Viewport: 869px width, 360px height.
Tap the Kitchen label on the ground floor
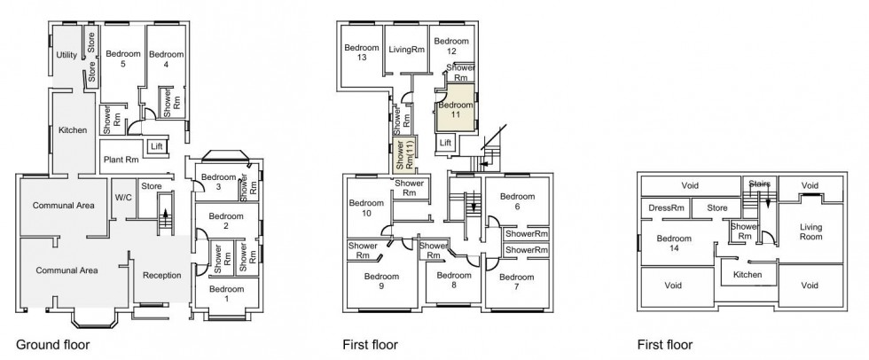coord(73,130)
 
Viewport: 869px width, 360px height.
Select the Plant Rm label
coord(121,160)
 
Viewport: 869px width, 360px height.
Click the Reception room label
coord(160,276)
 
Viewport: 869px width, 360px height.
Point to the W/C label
coord(122,197)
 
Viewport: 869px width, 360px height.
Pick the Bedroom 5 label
coord(122,59)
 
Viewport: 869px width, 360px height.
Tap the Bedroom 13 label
coord(362,52)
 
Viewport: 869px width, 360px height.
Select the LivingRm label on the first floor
coord(407,50)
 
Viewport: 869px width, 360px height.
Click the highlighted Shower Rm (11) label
coord(404,155)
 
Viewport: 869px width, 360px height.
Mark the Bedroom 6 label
coord(517,201)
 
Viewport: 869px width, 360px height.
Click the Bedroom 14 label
coord(674,244)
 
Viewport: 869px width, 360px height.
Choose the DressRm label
coord(667,208)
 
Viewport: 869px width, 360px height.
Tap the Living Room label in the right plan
coord(811,232)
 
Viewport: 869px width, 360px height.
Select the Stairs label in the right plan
coord(760,184)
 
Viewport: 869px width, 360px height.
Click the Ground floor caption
coord(52,344)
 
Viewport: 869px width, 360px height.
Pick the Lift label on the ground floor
coord(157,145)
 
